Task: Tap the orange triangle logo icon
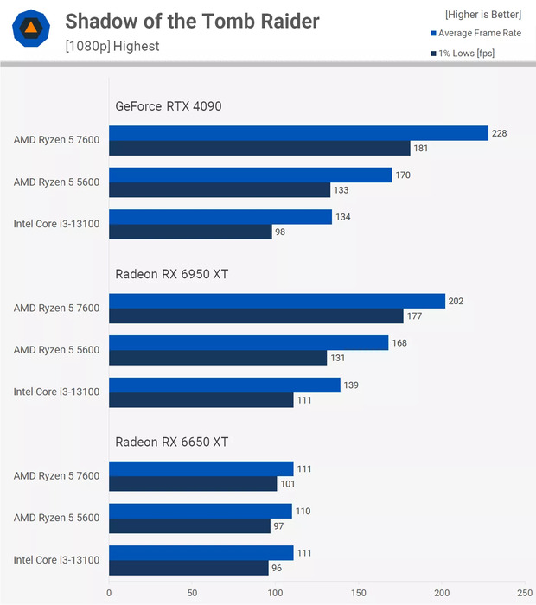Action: (30, 29)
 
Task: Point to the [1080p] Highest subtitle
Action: (112, 46)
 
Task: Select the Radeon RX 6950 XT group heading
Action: (172, 274)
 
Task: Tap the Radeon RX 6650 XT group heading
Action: (172, 442)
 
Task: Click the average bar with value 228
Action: (298, 133)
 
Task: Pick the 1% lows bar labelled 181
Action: (259, 148)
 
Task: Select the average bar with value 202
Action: (277, 301)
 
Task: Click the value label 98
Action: (280, 232)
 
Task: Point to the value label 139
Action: (351, 385)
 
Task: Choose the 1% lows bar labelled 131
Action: (218, 358)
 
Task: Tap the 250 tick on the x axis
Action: (525, 593)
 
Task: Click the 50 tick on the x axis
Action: (192, 593)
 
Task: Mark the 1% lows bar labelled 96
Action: (188, 568)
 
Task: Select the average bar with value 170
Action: (250, 175)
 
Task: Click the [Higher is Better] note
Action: (483, 14)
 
